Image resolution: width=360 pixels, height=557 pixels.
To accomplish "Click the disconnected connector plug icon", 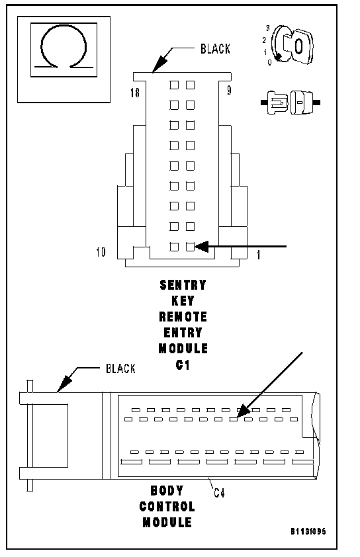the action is click(291, 103).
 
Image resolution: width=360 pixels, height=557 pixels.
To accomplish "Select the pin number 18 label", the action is click(135, 93).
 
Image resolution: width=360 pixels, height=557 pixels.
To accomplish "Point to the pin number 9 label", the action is click(229, 90).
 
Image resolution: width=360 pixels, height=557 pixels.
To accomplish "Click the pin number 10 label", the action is click(101, 252).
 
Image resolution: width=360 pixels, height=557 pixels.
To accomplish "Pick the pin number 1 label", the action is click(258, 255).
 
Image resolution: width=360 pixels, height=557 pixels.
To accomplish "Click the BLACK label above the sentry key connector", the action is click(215, 49).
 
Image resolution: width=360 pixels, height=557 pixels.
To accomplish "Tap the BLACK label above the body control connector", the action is click(121, 368).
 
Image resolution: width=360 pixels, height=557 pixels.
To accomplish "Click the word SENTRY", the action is click(183, 285).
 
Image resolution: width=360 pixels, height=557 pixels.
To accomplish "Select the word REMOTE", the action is click(183, 316).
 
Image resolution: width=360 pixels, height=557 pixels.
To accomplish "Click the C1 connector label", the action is click(183, 364).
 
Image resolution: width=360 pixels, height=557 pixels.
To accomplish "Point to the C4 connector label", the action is click(219, 493).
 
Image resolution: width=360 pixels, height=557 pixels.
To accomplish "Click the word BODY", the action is click(167, 491).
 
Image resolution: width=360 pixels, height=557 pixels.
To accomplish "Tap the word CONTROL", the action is click(167, 507).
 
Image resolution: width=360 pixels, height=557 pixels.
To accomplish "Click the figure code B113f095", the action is click(308, 531).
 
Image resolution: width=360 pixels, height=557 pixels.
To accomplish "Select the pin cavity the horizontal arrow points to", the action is click(190, 247).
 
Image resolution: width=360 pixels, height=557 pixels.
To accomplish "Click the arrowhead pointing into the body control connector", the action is click(243, 411).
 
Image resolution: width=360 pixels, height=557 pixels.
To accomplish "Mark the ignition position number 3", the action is click(268, 28).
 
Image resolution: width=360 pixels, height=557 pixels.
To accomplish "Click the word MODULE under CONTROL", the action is click(167, 523).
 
